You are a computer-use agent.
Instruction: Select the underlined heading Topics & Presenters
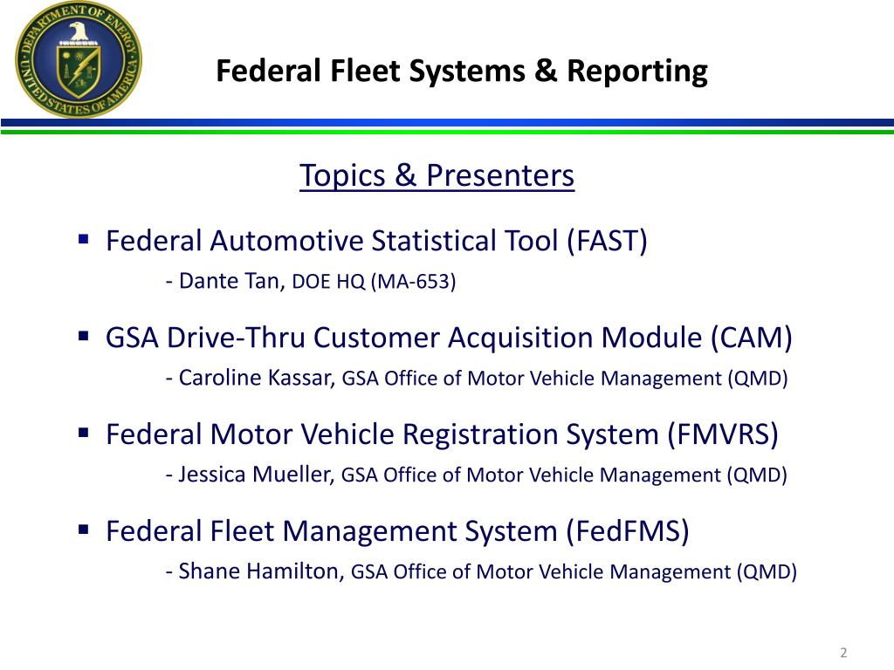[437, 176]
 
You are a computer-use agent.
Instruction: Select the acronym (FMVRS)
[723, 434]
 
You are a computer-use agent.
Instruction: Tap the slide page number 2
[843, 653]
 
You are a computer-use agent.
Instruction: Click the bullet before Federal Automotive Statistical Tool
[84, 238]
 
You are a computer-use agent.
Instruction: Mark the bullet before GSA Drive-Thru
[84, 335]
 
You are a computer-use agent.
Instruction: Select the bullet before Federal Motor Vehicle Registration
[84, 432]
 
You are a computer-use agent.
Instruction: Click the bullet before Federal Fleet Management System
[84, 529]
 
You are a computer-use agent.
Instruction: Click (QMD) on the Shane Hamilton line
[766, 572]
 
